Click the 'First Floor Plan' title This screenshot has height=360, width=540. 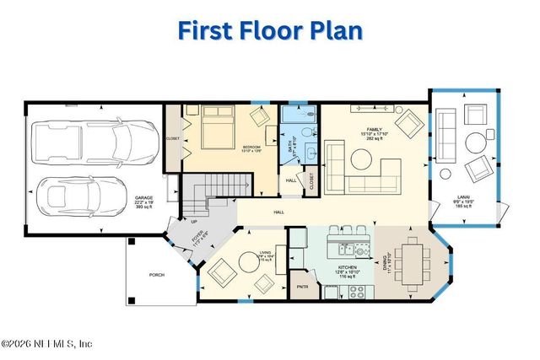point(270,32)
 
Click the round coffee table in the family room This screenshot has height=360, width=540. point(364,157)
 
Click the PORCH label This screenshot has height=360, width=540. point(157,275)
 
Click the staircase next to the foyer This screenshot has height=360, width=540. point(218,189)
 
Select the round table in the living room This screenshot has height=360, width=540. point(248,261)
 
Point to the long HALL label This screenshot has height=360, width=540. point(279,212)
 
